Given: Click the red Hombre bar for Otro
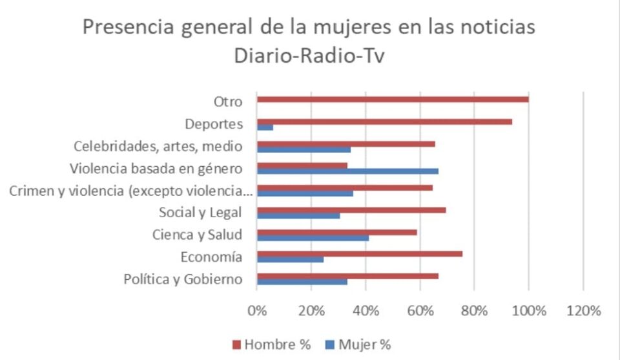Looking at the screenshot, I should (393, 99).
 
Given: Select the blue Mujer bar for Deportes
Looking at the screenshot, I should (265, 127).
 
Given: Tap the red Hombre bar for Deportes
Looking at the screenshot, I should (384, 122).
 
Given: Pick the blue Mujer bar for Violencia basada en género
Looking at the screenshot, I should (347, 171).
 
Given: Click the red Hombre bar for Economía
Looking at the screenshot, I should (360, 253).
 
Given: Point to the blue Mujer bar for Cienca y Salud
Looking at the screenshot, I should (313, 238).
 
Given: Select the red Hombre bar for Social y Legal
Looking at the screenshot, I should (351, 209).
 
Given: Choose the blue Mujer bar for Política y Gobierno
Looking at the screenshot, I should (302, 282).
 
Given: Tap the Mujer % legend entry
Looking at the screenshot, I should (359, 344).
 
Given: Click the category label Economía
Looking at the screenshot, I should (211, 257).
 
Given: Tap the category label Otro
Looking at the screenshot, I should (227, 101).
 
